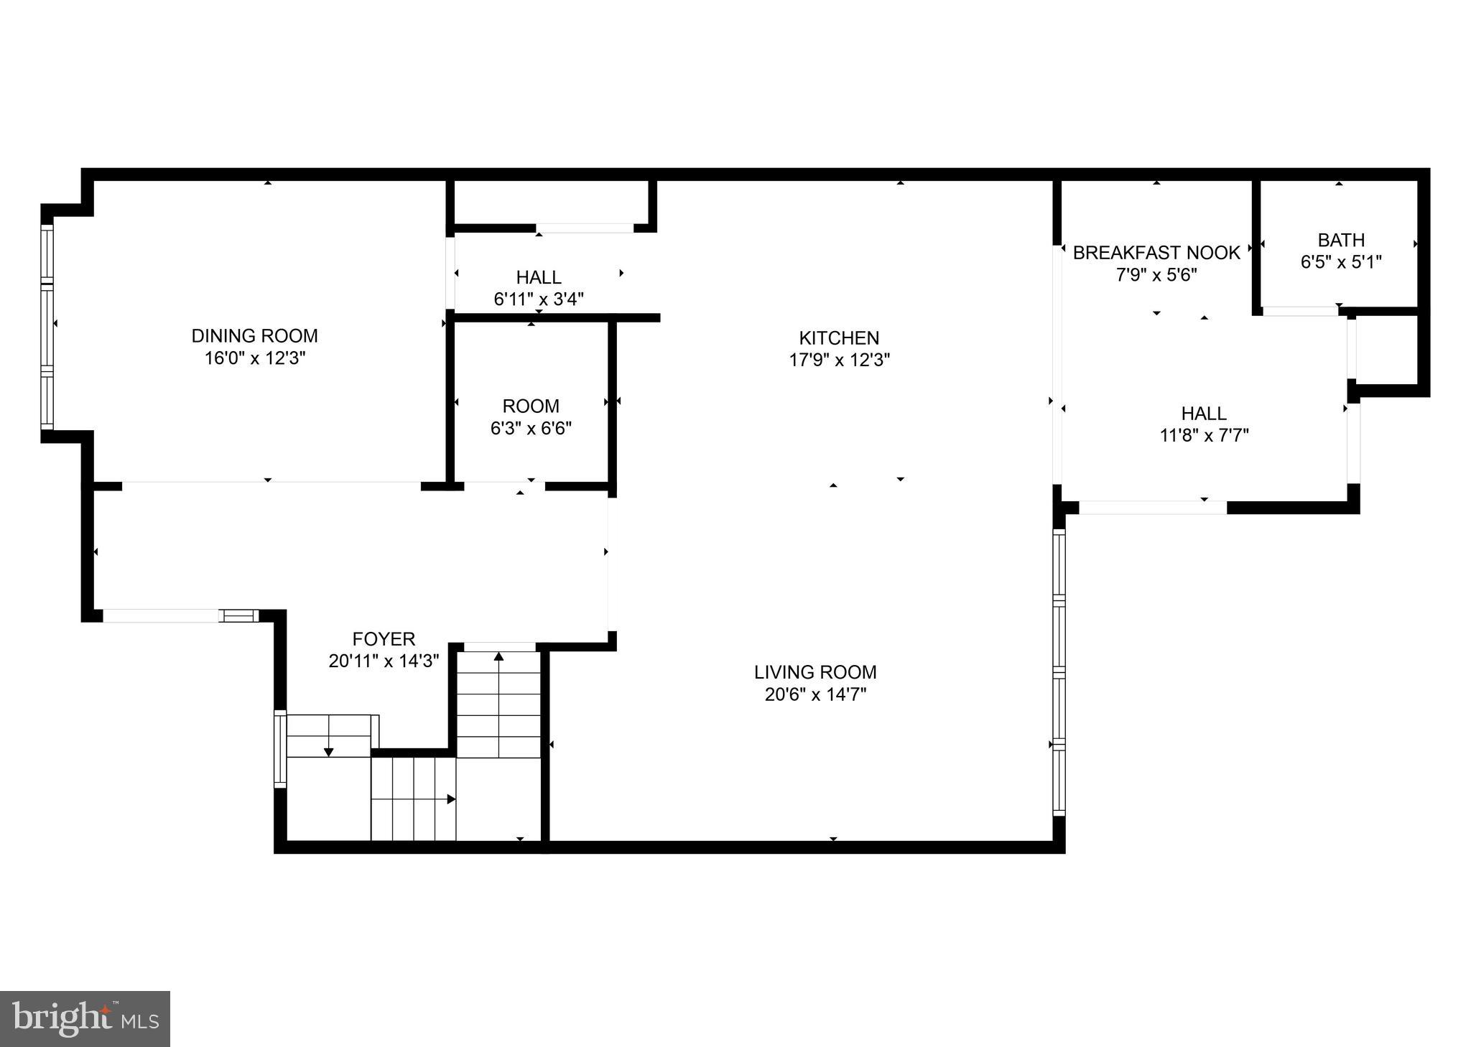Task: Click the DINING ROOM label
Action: [254, 335]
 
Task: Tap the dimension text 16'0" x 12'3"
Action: [255, 358]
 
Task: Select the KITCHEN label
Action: [839, 338]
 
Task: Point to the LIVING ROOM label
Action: [815, 672]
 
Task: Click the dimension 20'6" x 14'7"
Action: [815, 694]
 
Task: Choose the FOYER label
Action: [384, 638]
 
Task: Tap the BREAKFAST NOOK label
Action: [1156, 253]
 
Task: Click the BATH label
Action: [1341, 240]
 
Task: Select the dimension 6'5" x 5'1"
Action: [1341, 262]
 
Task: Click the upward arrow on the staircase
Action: [498, 656]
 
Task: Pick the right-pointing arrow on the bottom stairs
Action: [451, 799]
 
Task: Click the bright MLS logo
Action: [85, 1019]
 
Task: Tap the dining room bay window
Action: [47, 327]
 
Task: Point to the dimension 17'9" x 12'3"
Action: [839, 360]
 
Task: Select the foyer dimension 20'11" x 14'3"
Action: [384, 661]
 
